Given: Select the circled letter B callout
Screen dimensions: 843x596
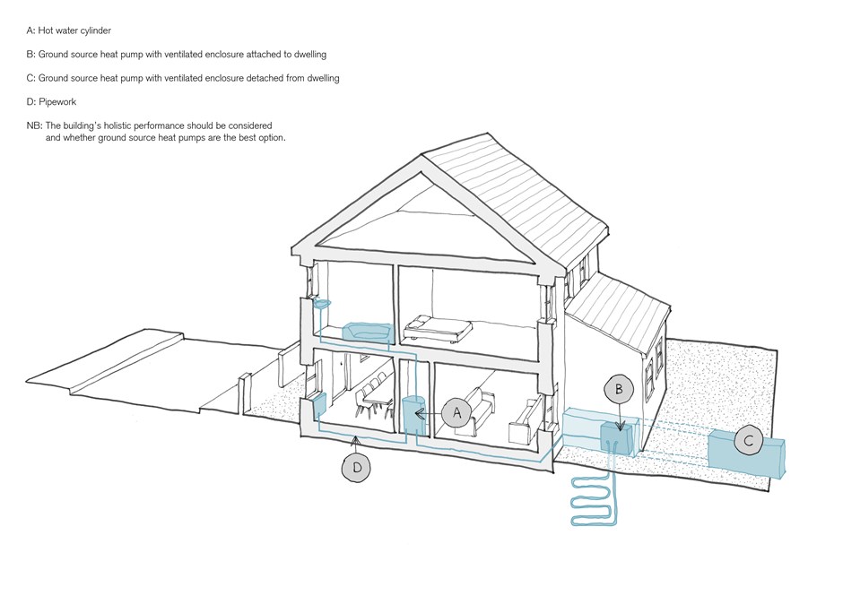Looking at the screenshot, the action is coord(619,389).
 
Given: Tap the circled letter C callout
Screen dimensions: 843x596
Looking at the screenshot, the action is coord(749,441).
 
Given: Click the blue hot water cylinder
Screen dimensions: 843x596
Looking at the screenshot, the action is coord(414,416).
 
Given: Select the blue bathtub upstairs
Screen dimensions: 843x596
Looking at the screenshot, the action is coord(367,333).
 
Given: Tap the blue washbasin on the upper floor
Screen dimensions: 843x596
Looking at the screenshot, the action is coord(321,304).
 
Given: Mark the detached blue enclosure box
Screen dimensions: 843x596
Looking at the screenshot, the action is coord(746,453).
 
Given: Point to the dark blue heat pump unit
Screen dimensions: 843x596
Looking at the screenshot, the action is coord(617,438).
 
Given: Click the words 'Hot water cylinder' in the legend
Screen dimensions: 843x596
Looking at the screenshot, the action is coord(74,30).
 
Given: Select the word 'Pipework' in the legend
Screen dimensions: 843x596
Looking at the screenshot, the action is coord(57,102).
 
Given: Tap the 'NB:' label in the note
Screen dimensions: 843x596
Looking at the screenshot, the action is coord(34,125).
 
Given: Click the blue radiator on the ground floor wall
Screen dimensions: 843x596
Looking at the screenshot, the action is coord(319,405).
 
